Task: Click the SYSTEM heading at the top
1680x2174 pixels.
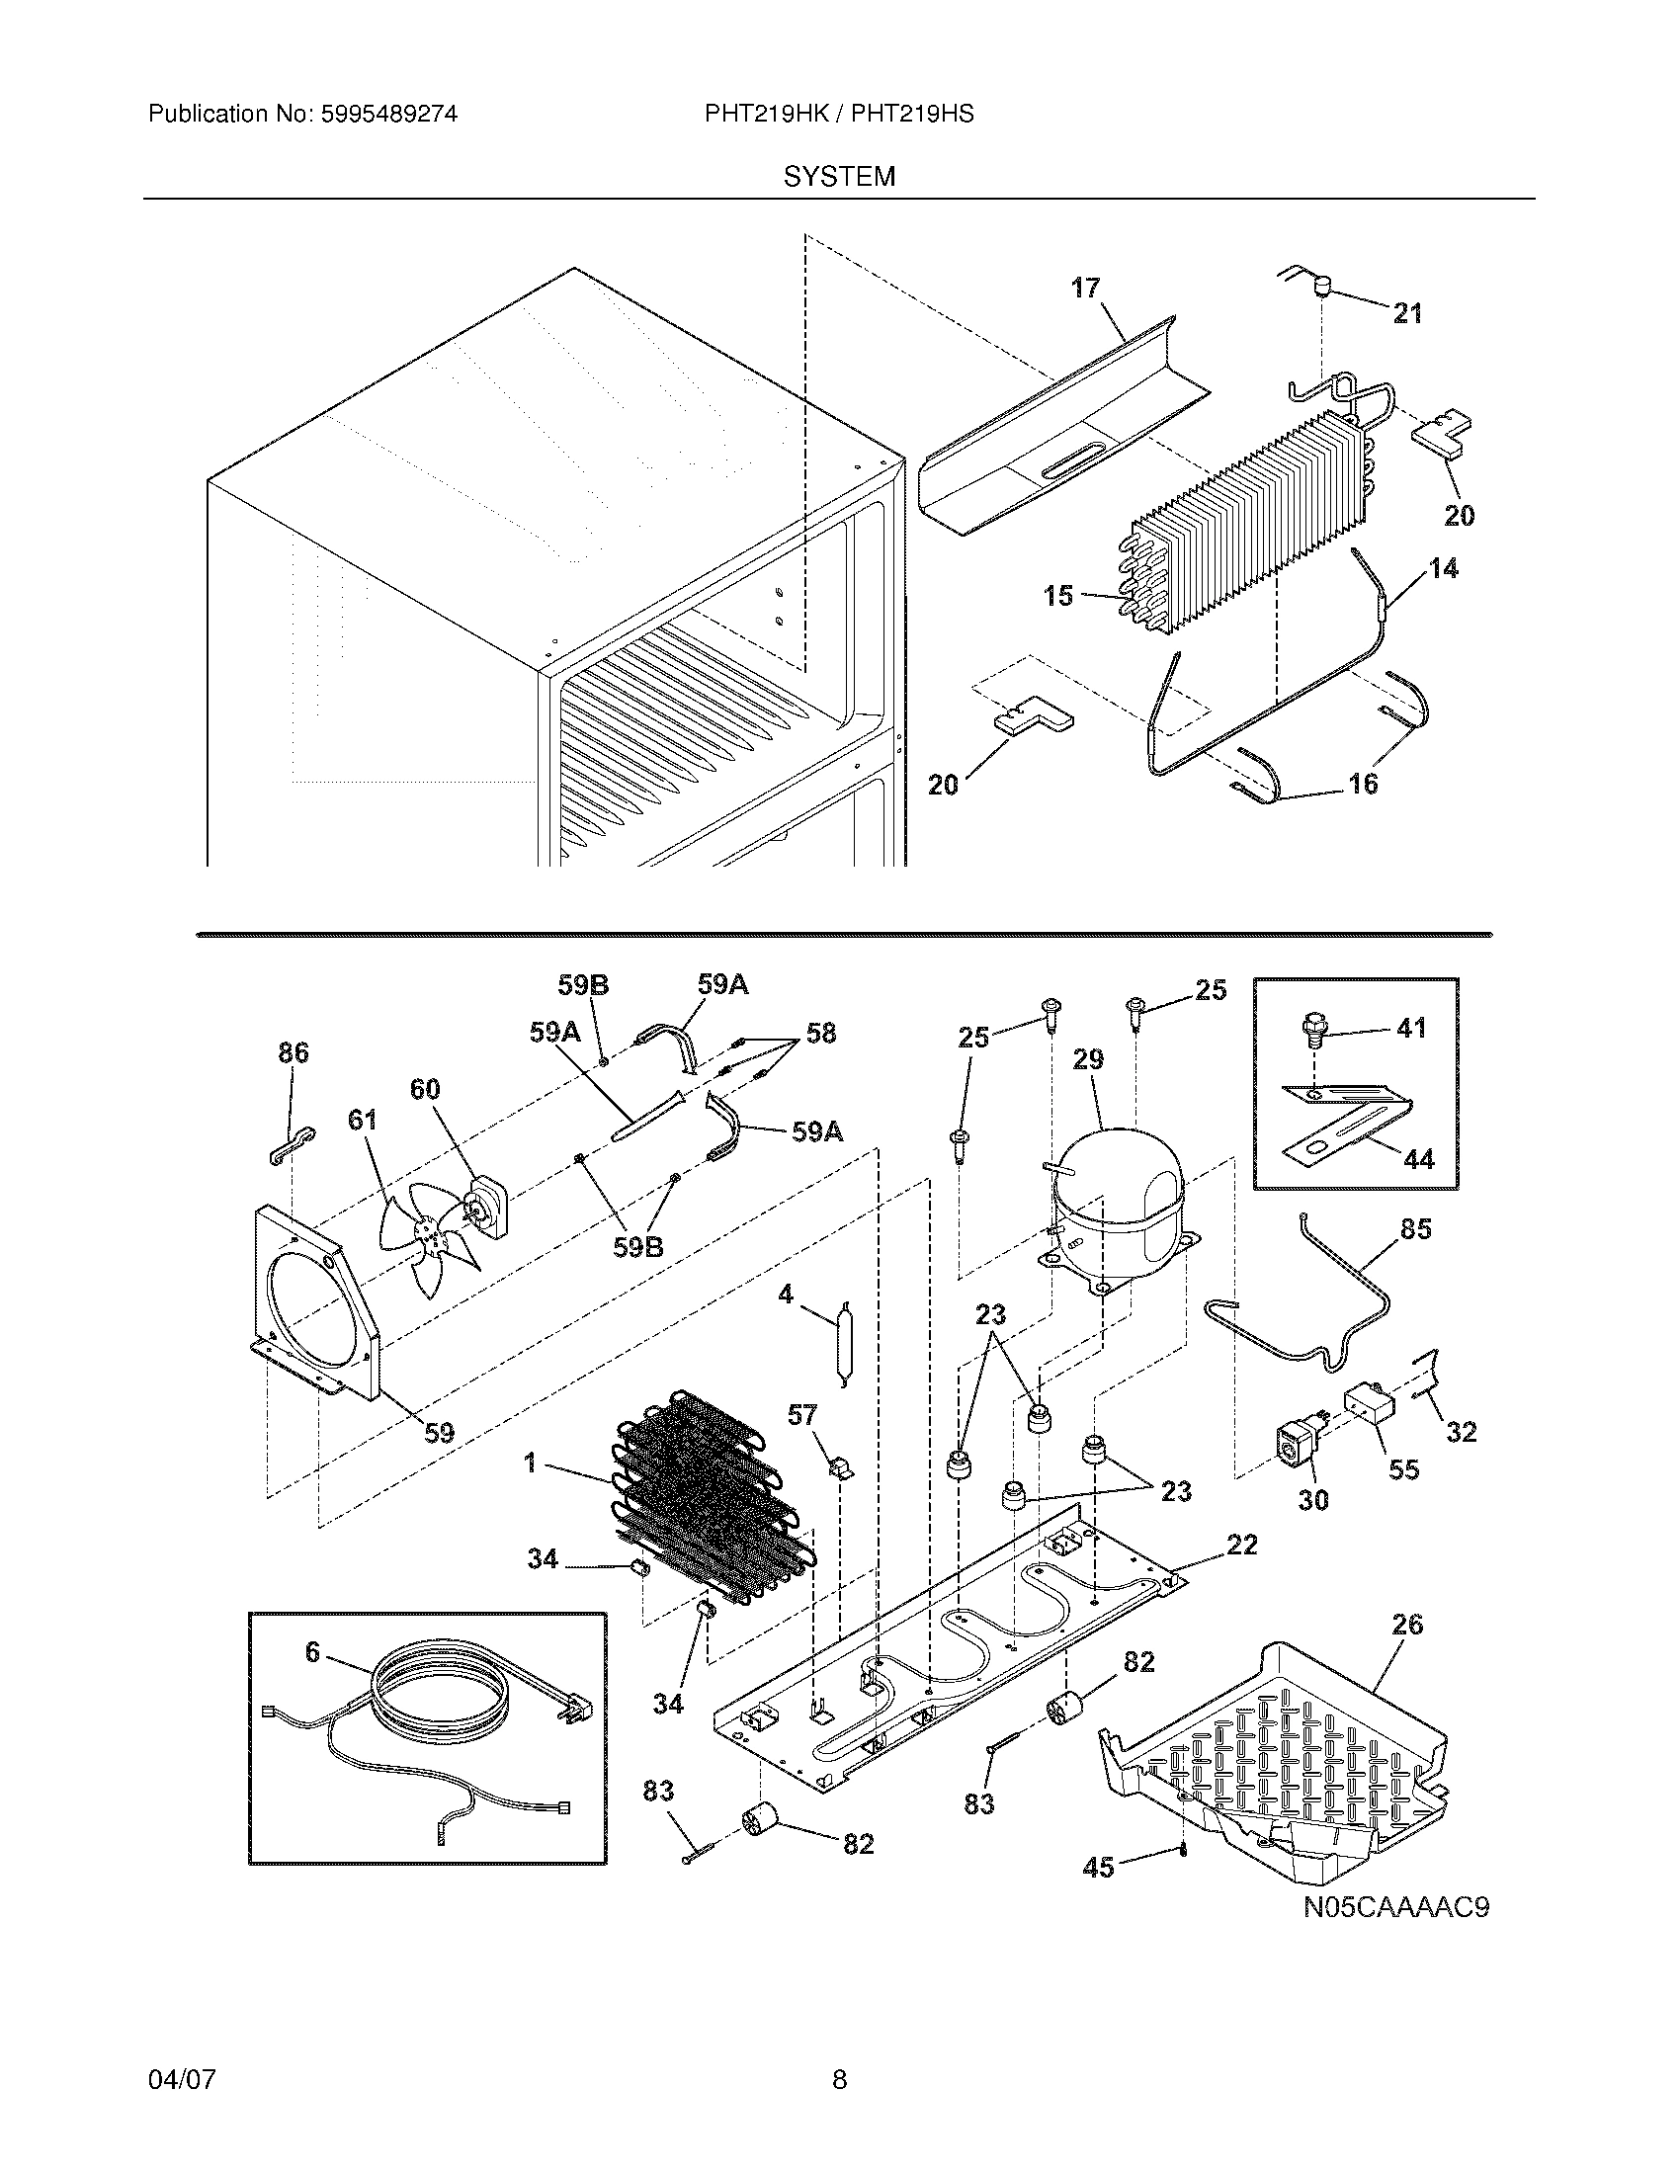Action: [x=839, y=177]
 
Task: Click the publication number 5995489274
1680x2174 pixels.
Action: [x=388, y=115]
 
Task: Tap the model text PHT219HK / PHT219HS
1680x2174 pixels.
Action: [x=839, y=115]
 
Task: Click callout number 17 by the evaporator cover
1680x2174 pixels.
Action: [x=1086, y=288]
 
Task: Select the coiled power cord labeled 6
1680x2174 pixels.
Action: [x=438, y=1697]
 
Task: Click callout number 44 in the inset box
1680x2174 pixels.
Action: [x=1418, y=1159]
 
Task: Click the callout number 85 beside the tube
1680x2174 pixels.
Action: [x=1415, y=1229]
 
